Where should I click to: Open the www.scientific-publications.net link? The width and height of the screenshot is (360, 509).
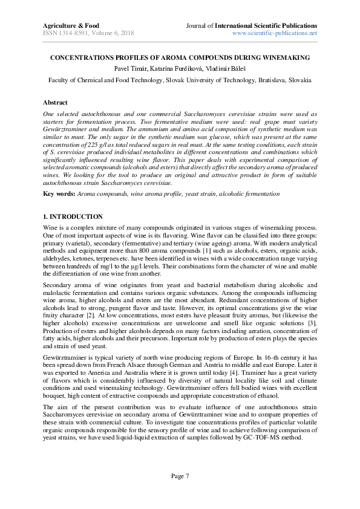pyautogui.click(x=275, y=33)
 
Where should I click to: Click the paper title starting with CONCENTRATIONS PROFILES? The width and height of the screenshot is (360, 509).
pyautogui.click(x=180, y=57)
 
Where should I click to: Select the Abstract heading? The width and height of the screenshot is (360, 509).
pyautogui.click(x=55, y=103)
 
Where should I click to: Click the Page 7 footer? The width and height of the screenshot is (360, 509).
pyautogui.click(x=180, y=476)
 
